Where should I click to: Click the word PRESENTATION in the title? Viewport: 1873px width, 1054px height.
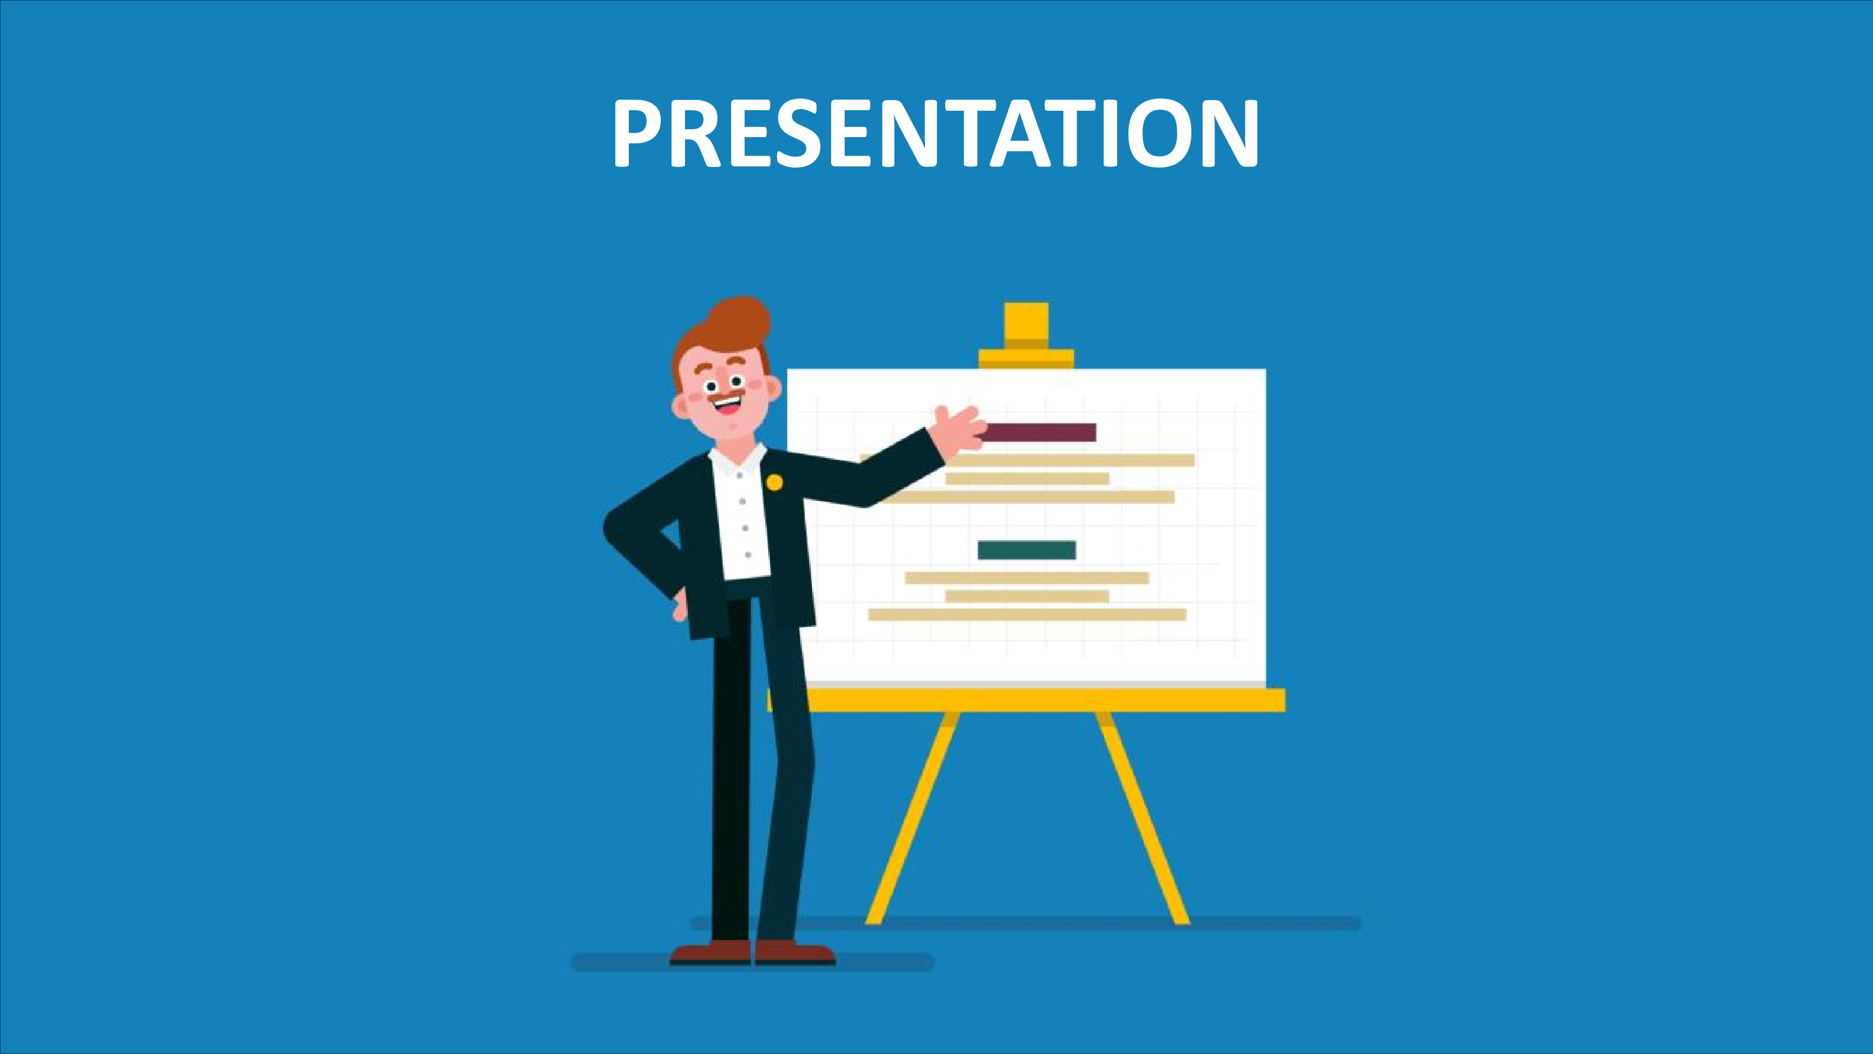tap(936, 134)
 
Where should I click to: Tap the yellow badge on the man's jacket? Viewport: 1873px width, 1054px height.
tap(775, 482)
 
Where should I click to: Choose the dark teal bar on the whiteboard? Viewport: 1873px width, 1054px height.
tap(1027, 550)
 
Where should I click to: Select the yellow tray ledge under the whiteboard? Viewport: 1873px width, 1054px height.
tap(1027, 700)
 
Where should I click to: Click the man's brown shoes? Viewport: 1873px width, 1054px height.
tap(752, 952)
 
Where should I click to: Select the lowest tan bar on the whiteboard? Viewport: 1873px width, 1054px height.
tap(1027, 614)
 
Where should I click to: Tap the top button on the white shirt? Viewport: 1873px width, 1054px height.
tap(739, 475)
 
